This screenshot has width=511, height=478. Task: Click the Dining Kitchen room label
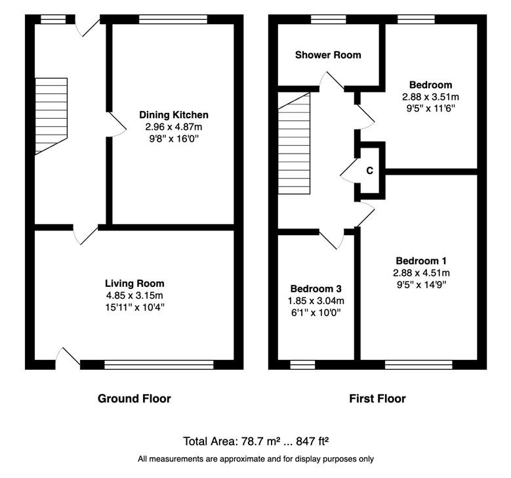174,115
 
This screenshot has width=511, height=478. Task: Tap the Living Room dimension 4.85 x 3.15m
134,295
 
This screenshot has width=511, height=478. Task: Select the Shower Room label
328,54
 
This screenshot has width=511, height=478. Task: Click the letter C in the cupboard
369,171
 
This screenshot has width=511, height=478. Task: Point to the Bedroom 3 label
316,289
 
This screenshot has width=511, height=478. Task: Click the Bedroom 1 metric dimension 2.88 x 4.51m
421,272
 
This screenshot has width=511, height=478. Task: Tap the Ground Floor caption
134,399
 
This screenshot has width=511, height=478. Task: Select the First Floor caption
377,399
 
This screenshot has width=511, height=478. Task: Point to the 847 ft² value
312,441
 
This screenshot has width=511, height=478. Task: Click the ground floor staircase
51,116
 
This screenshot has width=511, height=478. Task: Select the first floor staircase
294,143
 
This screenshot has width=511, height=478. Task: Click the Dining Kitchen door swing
117,124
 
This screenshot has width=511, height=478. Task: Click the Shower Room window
329,19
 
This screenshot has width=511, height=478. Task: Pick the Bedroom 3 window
302,364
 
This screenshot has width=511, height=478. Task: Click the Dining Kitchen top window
173,19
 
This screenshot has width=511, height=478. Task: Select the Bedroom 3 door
331,239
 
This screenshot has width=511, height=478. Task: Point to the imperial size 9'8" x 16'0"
174,139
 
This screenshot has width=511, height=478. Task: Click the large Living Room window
159,364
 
